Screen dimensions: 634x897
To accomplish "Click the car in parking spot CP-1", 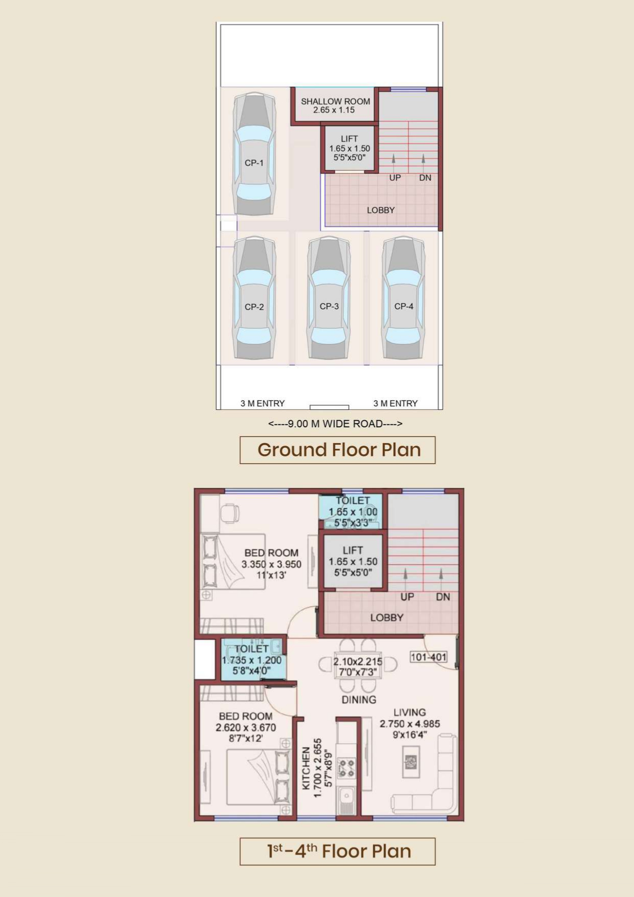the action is click(x=254, y=154).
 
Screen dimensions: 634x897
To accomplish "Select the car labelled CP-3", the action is click(x=329, y=298).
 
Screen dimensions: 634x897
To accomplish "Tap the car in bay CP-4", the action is click(x=403, y=298).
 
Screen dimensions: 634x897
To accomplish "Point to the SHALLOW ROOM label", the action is click(x=335, y=105).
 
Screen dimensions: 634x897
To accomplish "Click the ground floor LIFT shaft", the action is click(x=350, y=148).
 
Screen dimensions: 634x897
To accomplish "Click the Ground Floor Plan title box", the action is click(x=337, y=450).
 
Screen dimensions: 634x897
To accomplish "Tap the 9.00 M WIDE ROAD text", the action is click(x=335, y=424).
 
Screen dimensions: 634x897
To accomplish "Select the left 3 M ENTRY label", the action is click(x=263, y=403).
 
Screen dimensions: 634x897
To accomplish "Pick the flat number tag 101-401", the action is click(x=428, y=657).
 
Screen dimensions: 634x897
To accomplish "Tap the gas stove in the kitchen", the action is click(x=346, y=768).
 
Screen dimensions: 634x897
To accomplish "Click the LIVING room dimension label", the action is click(x=410, y=724).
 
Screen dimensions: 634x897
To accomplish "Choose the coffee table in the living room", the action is click(x=411, y=762).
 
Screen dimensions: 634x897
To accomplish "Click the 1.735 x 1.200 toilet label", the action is click(x=252, y=660).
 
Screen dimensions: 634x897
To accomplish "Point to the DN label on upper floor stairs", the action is click(x=443, y=597).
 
